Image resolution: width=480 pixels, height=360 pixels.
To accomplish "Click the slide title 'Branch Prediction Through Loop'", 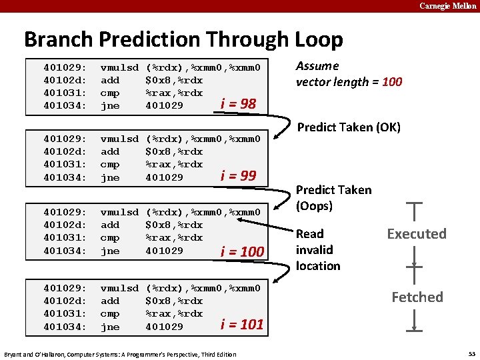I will coord(183,39).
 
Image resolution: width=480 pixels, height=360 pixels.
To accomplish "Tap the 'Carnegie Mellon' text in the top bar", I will coord(448,6).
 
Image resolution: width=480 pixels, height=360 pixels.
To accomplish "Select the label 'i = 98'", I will coord(238,103).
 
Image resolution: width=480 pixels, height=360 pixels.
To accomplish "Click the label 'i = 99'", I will coord(238,176).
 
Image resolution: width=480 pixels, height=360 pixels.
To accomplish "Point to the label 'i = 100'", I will coord(242,251).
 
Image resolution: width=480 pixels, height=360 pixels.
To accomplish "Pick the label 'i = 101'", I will coord(242,325).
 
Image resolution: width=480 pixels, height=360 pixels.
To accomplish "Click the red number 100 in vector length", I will coord(392,82).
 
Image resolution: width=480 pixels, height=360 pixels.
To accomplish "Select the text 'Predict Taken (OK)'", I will coord(349,127).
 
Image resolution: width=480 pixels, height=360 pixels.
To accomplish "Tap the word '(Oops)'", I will coord(314,206).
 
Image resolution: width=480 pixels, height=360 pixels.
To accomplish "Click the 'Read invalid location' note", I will coord(318,250).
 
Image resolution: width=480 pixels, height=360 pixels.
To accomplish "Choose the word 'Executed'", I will coord(417,234).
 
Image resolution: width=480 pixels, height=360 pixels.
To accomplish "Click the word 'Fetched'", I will coord(417,297).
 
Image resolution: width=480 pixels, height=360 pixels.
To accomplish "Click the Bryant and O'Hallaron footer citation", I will coord(120,354).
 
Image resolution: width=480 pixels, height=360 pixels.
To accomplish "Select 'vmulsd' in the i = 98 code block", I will coord(119,68).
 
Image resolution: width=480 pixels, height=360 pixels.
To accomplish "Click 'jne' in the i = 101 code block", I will coord(110,327).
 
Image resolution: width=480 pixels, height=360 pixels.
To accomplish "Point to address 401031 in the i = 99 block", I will coord(65,165).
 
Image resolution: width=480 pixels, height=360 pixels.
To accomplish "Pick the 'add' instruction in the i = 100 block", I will coord(110,225).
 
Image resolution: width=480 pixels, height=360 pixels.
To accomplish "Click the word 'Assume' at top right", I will coord(317,66).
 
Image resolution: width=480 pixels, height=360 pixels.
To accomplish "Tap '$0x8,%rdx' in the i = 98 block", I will coord(174,81).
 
